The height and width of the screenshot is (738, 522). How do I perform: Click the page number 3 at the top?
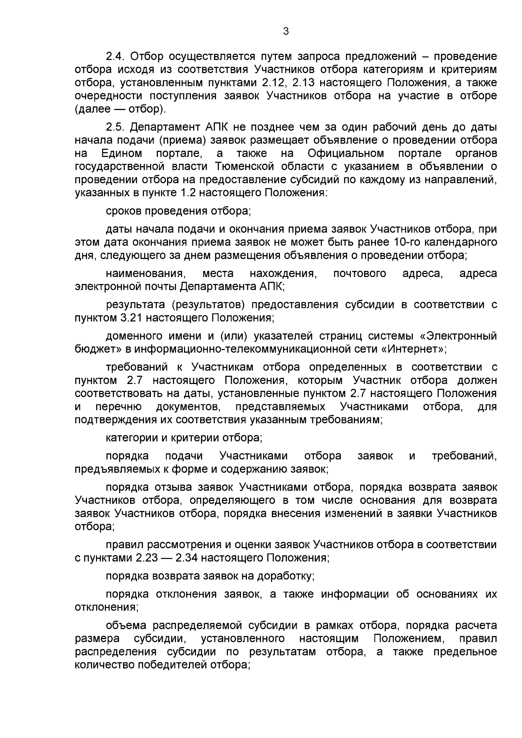coord(286,31)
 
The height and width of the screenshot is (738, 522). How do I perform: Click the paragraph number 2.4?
coord(115,57)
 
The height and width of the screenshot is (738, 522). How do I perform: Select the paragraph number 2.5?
coord(115,127)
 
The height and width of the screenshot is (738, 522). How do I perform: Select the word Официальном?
coord(346,153)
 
